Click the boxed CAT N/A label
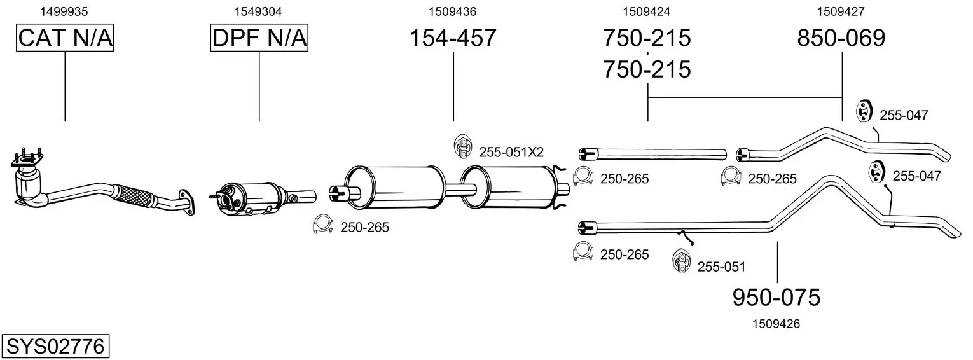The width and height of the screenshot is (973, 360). (x=65, y=38)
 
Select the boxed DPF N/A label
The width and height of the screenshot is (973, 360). (x=259, y=38)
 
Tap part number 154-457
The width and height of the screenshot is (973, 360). (x=452, y=38)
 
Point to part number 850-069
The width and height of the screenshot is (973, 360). (x=841, y=38)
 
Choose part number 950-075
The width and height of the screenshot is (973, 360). (x=776, y=297)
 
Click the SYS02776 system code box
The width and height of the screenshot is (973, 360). (x=55, y=347)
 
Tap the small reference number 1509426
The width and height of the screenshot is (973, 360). (x=776, y=324)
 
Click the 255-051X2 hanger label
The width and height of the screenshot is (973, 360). (x=511, y=152)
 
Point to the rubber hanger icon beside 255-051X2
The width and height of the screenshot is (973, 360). (x=463, y=147)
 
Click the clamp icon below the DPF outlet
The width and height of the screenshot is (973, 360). (x=324, y=225)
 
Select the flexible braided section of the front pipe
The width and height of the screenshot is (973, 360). (x=134, y=195)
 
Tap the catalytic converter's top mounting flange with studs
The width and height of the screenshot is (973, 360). (x=27, y=158)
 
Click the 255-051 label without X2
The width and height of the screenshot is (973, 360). (x=721, y=267)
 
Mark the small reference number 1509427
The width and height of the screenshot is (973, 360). (x=841, y=11)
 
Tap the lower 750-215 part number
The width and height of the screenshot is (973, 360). (x=647, y=69)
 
